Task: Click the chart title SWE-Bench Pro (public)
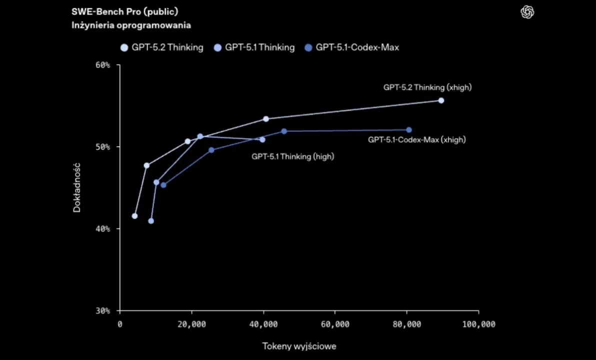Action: [x=124, y=11]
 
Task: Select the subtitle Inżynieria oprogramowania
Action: [x=131, y=24]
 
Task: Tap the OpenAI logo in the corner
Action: [x=527, y=12]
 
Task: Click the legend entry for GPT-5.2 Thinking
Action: [x=161, y=47]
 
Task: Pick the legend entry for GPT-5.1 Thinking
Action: [x=254, y=47]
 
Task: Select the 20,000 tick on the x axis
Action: [x=191, y=324]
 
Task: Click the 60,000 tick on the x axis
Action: [x=335, y=324]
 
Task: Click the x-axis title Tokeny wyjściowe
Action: [x=299, y=346]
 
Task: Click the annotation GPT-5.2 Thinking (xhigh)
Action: [x=427, y=87]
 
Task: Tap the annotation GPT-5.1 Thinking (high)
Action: [x=293, y=156]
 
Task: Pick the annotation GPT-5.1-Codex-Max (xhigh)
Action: [x=416, y=140]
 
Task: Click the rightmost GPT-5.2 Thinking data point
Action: [x=441, y=100]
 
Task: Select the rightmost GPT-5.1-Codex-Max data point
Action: [x=409, y=130]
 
